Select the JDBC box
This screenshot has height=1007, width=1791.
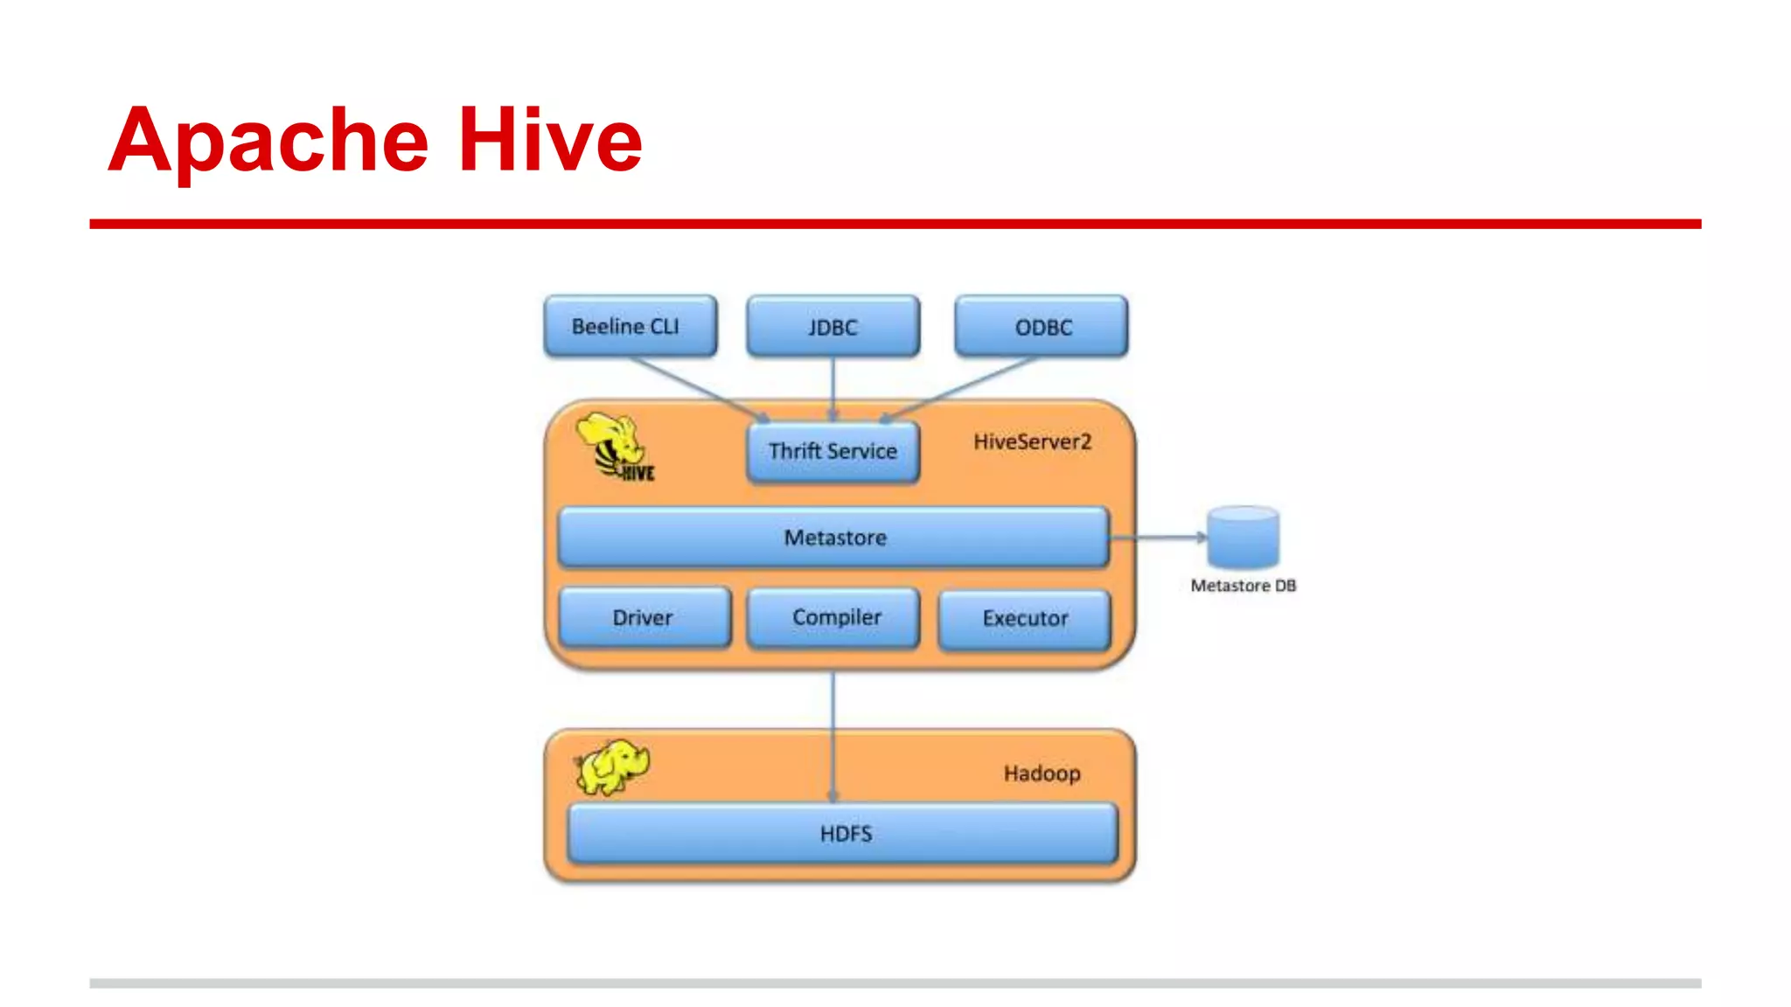tap(833, 326)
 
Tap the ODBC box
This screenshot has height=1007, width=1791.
tap(1041, 326)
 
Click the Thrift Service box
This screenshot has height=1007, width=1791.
tap(833, 451)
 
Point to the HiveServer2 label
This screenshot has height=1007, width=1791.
tap(1032, 442)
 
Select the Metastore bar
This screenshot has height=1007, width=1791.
tap(833, 538)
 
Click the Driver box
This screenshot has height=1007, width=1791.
tap(644, 617)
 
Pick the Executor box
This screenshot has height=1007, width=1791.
tap(1024, 619)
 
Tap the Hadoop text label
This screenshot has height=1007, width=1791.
tap(1042, 774)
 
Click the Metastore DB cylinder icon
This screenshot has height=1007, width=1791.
tap(1243, 538)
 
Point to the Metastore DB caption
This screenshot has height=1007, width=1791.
tap(1243, 586)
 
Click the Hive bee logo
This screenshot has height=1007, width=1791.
tap(615, 447)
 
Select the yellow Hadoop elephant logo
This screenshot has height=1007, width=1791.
tap(612, 767)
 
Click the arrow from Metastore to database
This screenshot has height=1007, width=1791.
tap(1159, 538)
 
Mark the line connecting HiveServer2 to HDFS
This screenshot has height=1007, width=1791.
tap(833, 699)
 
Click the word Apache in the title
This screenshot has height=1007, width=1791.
tap(268, 140)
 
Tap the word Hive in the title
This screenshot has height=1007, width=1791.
tap(550, 140)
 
